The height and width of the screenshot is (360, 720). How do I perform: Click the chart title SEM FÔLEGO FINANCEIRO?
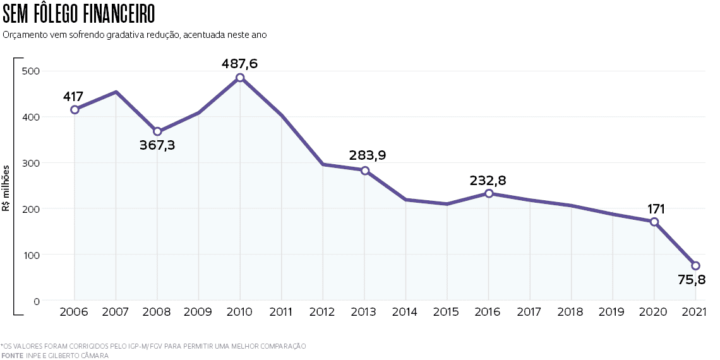point(78,15)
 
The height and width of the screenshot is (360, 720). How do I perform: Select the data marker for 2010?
point(240,78)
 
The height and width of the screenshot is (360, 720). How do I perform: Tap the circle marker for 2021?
point(695,265)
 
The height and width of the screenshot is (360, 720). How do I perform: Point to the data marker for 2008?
point(157,132)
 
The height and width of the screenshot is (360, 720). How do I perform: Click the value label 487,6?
point(240,63)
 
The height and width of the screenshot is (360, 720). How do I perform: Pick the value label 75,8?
point(692,280)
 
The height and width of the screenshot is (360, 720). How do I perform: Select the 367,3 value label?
point(157,145)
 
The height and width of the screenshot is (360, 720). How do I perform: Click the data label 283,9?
point(368,155)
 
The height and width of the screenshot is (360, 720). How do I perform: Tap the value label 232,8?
point(488,181)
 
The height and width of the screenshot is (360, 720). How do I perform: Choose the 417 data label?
point(73,97)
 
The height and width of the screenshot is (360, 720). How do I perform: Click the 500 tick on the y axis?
point(31,71)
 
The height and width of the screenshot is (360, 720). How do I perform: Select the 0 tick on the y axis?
point(37,301)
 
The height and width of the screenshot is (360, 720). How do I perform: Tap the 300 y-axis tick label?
point(31,163)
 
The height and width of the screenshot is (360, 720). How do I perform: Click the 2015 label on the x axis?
point(447,312)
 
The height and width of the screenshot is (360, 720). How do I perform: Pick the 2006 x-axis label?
point(75,312)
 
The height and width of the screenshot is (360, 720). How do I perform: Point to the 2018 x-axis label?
point(571,312)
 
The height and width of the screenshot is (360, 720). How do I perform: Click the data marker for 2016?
point(489,194)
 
